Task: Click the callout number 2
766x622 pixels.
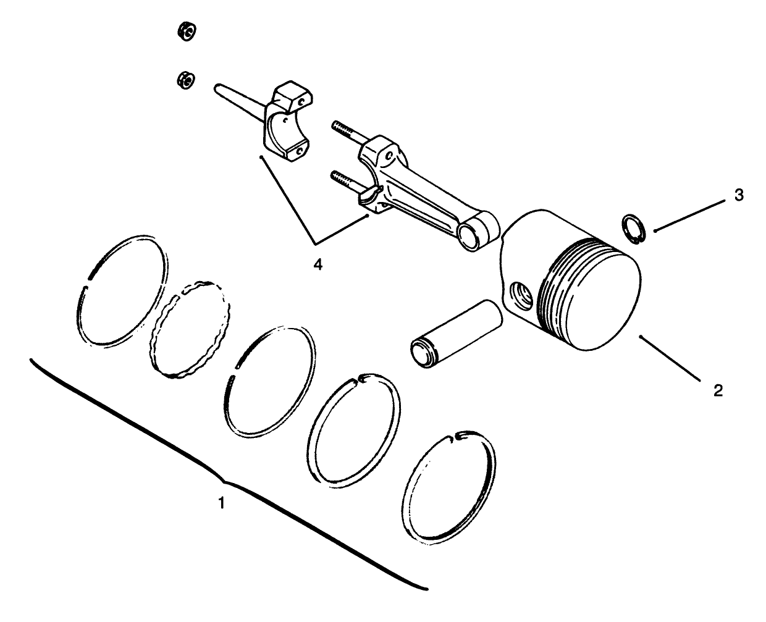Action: [718, 390]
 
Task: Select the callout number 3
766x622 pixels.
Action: [739, 196]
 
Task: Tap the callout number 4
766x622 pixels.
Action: [318, 264]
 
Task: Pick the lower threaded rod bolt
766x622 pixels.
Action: [347, 180]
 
